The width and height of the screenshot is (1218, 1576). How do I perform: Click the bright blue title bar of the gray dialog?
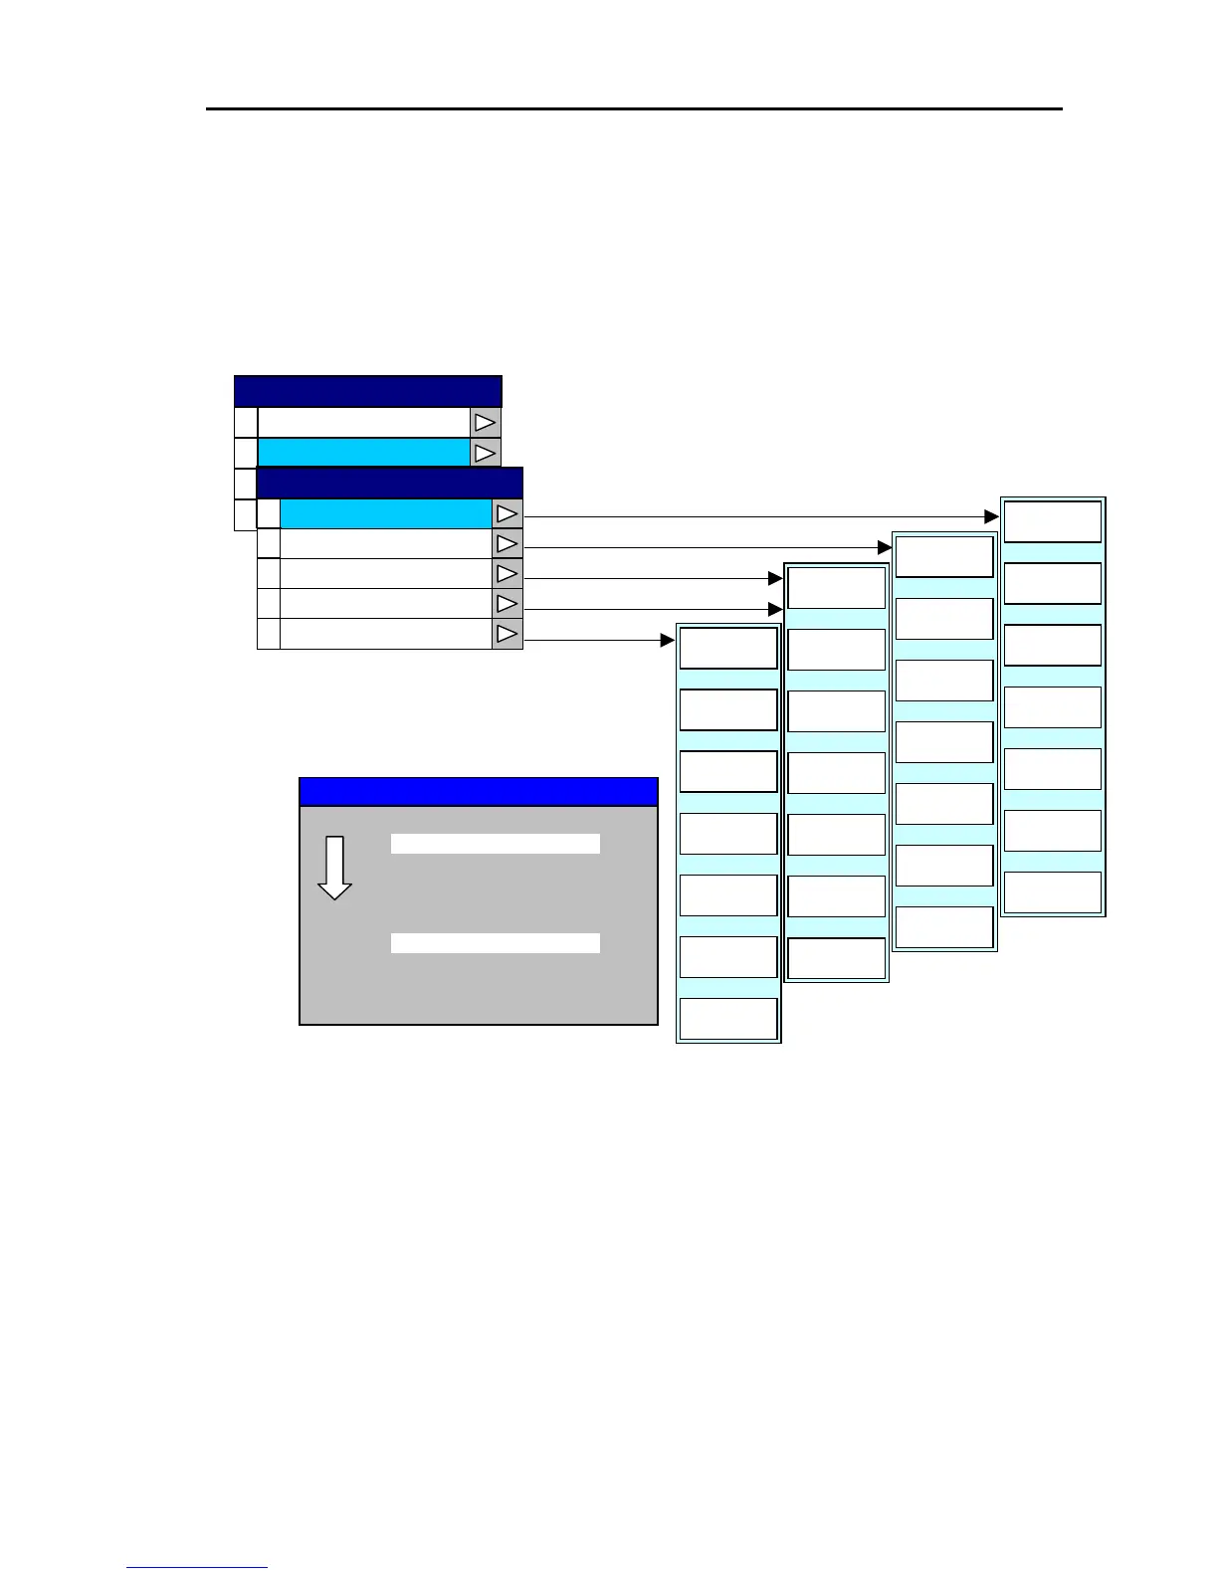[478, 792]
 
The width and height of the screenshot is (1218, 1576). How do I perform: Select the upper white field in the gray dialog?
[495, 844]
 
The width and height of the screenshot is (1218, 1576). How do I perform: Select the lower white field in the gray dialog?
[495, 943]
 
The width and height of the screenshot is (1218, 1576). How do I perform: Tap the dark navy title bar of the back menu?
[367, 391]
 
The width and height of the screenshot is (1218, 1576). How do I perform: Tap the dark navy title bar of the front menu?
[389, 483]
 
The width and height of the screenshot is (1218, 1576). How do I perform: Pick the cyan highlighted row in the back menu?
[363, 453]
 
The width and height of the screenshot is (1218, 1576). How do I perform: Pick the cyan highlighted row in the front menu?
[386, 513]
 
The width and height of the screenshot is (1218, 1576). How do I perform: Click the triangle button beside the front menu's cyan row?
[507, 513]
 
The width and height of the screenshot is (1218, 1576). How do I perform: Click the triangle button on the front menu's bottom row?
[507, 634]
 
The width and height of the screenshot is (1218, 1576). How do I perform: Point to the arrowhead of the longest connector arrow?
[991, 516]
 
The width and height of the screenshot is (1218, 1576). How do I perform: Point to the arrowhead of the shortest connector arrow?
[668, 640]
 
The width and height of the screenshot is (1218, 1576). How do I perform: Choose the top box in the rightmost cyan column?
[1052, 521]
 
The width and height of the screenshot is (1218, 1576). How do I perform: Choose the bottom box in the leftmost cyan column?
[727, 1019]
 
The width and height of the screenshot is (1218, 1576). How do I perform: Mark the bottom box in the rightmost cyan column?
[1052, 892]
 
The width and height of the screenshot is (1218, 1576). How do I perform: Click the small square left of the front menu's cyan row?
[269, 513]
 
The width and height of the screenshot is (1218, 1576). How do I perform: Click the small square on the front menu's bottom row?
[269, 634]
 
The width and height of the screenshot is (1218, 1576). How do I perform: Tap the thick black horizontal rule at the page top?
[634, 108]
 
